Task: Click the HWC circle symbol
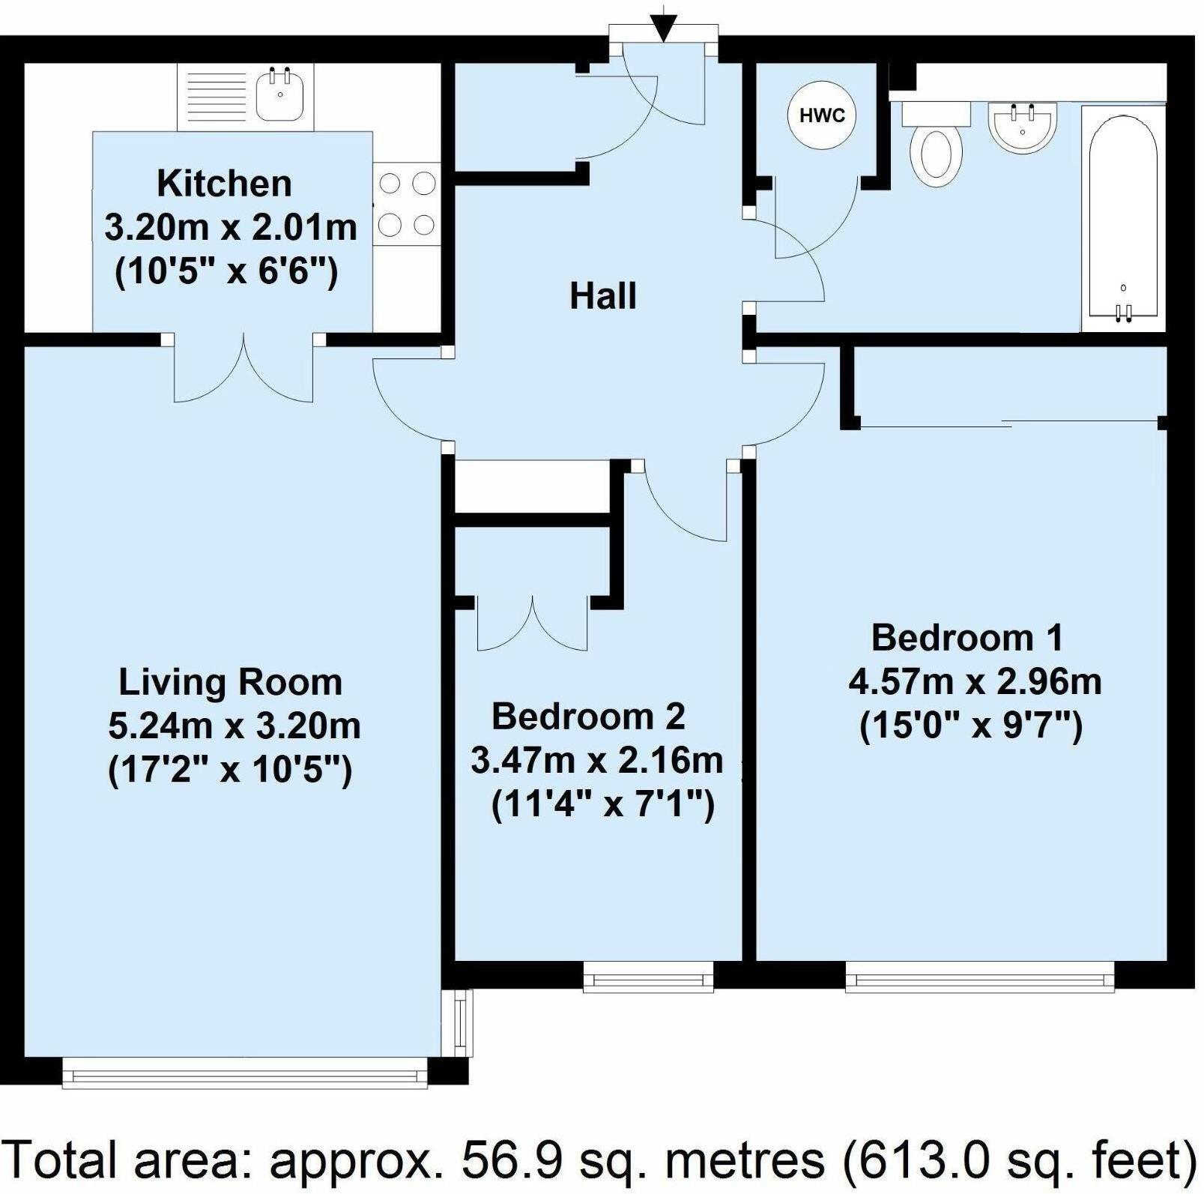822,115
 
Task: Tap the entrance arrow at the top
662,28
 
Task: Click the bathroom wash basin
1023,127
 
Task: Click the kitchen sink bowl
279,94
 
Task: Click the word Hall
603,296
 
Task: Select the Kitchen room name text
224,184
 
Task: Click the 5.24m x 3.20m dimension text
235,726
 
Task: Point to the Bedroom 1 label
967,638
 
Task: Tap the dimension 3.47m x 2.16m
596,760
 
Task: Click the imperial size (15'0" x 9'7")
971,726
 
